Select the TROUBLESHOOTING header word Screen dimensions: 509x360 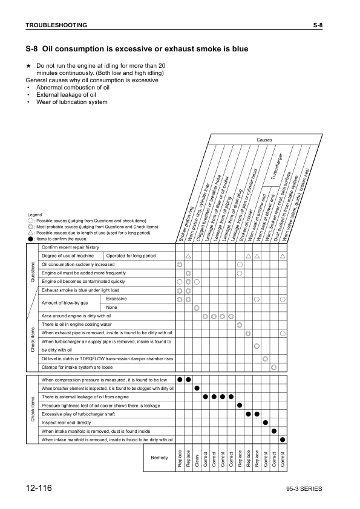(x=56, y=25)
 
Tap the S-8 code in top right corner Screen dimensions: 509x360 (x=318, y=25)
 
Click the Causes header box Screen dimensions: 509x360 (x=264, y=140)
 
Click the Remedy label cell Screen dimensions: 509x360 (x=159, y=458)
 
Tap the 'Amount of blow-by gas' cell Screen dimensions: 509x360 (x=65, y=302)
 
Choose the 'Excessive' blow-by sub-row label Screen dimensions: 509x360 (x=116, y=299)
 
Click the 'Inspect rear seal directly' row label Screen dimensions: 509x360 (x=66, y=423)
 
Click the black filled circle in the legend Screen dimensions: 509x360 (x=30, y=239)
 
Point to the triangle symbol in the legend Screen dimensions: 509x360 (x=30, y=233)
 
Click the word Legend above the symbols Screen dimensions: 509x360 (x=34, y=215)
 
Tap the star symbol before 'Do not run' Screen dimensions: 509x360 (x=28, y=65)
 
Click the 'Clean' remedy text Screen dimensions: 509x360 (x=197, y=458)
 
